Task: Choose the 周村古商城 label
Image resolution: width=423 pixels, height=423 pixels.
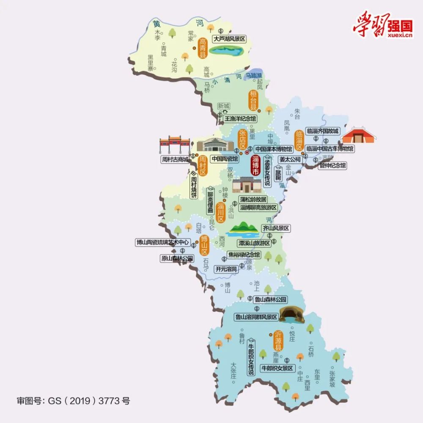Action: (x=175, y=159)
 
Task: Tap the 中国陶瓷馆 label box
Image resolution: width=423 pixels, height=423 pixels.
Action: (x=225, y=159)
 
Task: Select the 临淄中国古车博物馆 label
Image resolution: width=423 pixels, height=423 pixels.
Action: (x=330, y=149)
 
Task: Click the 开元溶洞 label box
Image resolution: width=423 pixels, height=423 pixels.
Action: (x=226, y=269)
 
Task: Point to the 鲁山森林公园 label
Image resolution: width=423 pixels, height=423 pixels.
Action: (x=270, y=300)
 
